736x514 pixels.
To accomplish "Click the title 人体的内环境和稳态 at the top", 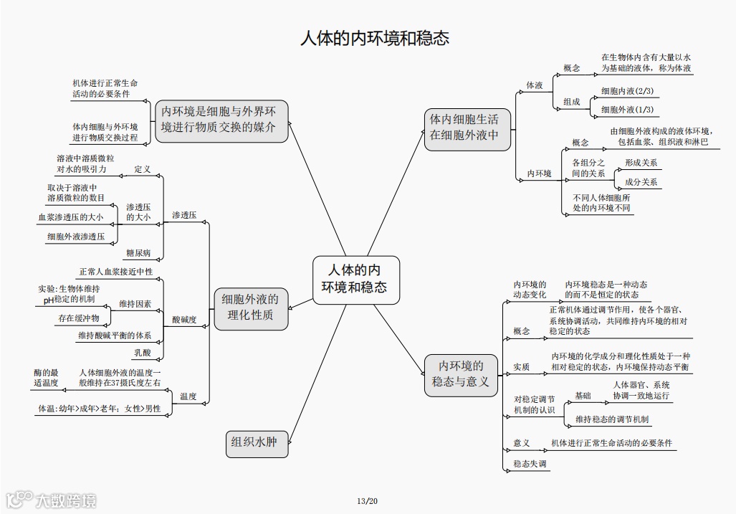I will pyautogui.click(x=374, y=38).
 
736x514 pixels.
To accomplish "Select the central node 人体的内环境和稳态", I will pyautogui.click(x=356, y=280).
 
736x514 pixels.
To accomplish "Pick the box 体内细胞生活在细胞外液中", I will pyautogui.click(x=463, y=126).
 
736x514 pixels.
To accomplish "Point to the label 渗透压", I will pyautogui.click(x=184, y=215).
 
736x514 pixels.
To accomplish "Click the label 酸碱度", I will pyautogui.click(x=184, y=320).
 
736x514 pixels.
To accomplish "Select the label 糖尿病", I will pyautogui.click(x=138, y=253).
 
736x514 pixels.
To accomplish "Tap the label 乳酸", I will pyautogui.click(x=142, y=353).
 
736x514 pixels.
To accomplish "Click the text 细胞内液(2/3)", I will pyautogui.click(x=627, y=91).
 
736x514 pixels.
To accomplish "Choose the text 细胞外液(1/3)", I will pyautogui.click(x=627, y=110).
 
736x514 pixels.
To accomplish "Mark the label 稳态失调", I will pyautogui.click(x=530, y=465).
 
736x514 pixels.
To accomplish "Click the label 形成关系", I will pyautogui.click(x=641, y=163).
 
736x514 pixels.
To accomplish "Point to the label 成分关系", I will pyautogui.click(x=641, y=182).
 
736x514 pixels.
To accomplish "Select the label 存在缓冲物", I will pyautogui.click(x=79, y=317).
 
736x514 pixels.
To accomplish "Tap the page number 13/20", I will pyautogui.click(x=367, y=500).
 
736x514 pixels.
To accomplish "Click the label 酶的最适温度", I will pyautogui.click(x=46, y=378).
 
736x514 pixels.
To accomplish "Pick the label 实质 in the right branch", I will pyautogui.click(x=521, y=367).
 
